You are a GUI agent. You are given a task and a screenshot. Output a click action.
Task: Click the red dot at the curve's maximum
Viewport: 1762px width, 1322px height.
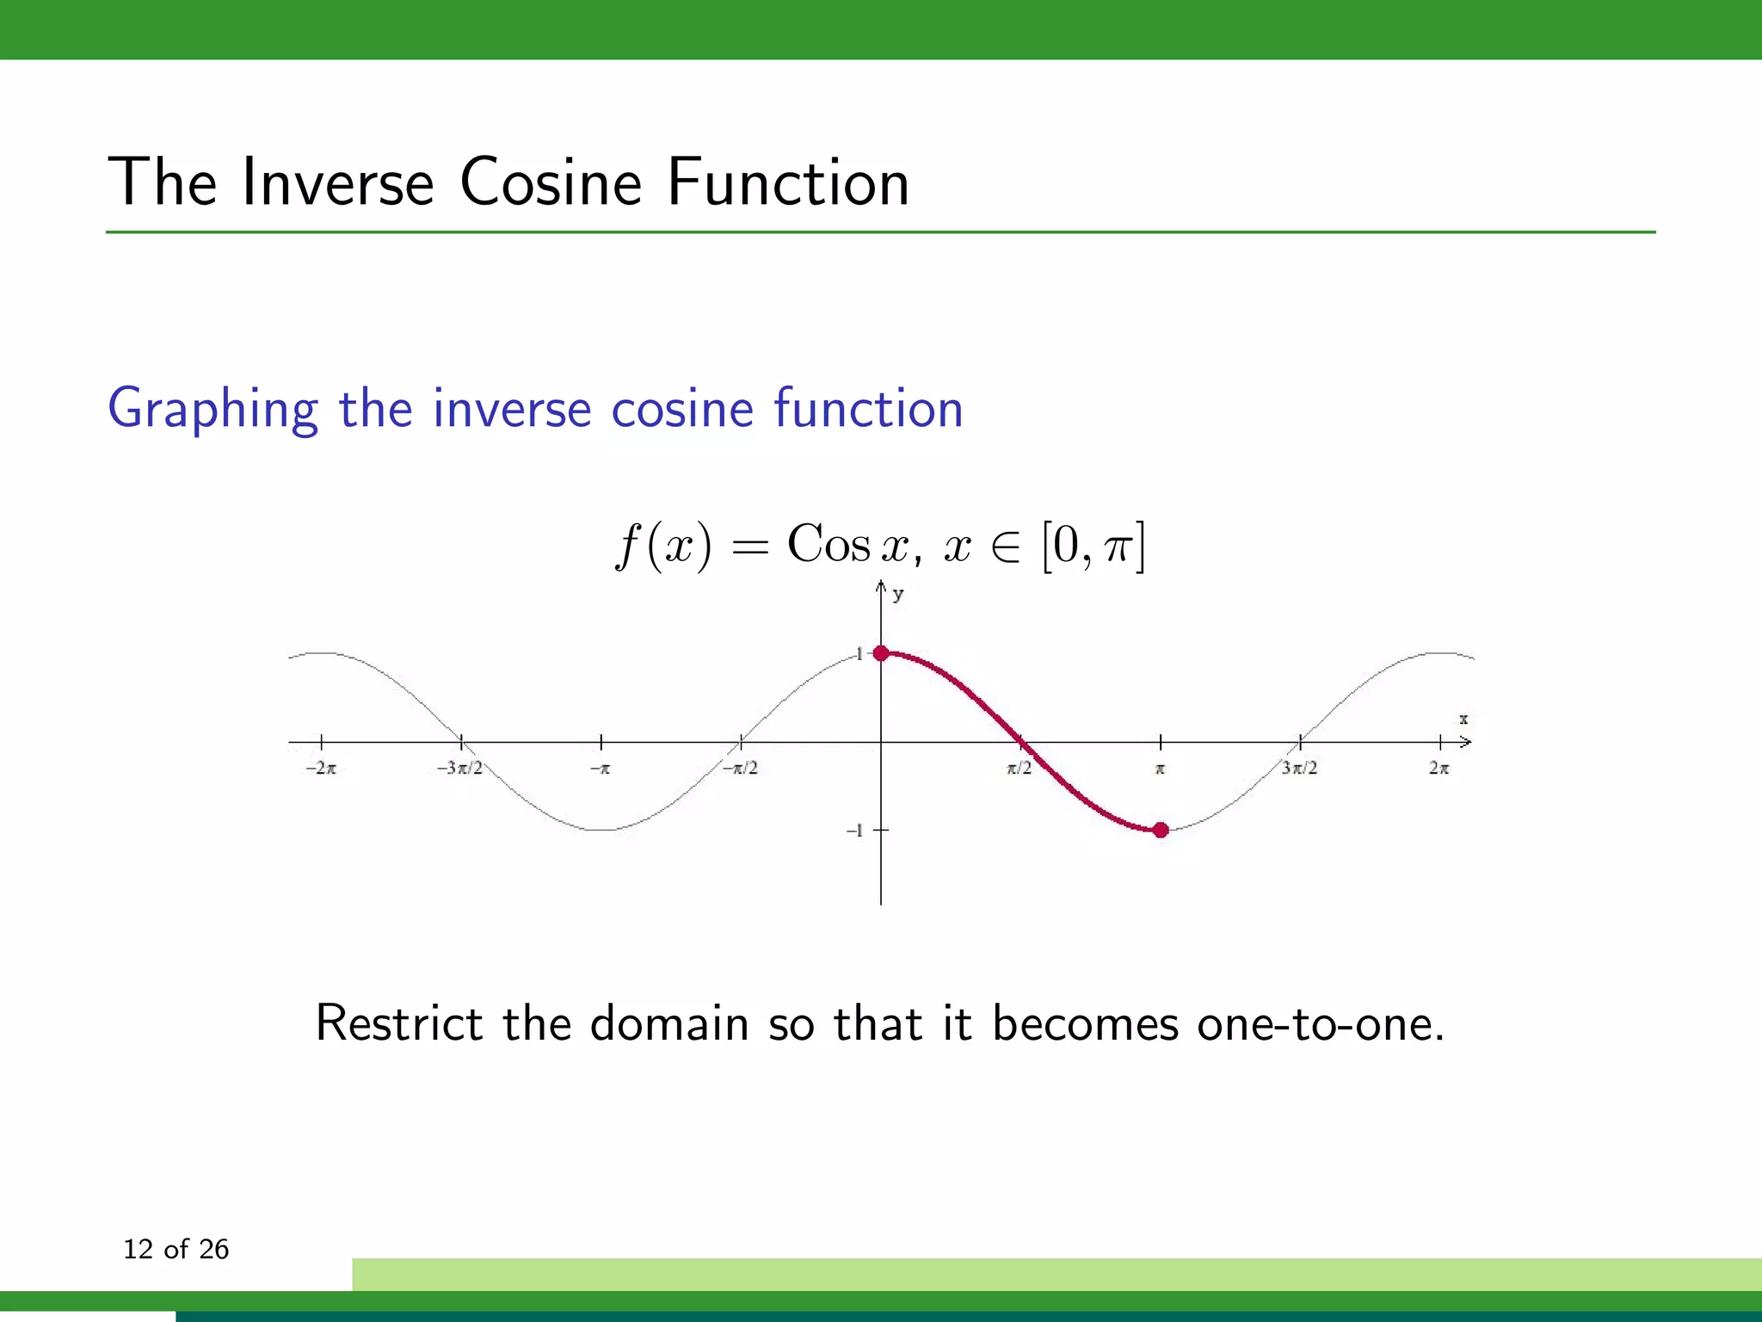(x=881, y=653)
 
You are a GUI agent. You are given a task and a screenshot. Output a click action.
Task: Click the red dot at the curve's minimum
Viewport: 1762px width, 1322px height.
(x=1161, y=830)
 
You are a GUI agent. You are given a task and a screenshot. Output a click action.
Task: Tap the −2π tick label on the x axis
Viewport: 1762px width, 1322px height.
(x=321, y=768)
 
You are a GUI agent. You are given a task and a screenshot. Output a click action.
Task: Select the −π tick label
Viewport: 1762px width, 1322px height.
(x=600, y=768)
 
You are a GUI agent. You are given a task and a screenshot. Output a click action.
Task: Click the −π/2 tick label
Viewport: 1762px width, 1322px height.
(x=740, y=768)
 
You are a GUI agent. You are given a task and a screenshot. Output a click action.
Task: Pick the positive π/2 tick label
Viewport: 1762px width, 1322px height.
(x=1020, y=768)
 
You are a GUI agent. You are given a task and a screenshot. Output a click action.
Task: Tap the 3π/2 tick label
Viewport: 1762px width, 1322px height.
(x=1299, y=768)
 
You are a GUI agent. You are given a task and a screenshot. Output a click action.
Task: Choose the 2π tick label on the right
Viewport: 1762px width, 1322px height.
(x=1439, y=768)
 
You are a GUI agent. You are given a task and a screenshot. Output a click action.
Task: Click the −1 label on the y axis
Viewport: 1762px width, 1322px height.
(x=854, y=831)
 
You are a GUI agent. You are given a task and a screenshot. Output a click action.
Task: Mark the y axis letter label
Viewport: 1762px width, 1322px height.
(x=898, y=594)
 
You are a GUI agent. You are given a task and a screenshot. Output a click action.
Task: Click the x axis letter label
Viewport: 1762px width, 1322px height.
(x=1463, y=719)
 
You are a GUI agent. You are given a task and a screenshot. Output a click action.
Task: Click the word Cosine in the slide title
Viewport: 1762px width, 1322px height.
(x=551, y=182)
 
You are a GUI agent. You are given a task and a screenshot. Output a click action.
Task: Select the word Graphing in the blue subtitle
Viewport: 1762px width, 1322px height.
(x=213, y=410)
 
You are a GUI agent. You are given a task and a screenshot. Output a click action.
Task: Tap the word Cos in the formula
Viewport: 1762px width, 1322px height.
(x=829, y=545)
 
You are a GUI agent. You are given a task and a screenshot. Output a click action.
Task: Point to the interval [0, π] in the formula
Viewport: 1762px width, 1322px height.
(x=1093, y=547)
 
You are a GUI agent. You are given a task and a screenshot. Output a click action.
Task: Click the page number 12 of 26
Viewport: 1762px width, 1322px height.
(x=176, y=1249)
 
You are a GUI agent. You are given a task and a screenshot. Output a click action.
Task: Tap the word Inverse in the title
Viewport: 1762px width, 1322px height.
(x=337, y=182)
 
